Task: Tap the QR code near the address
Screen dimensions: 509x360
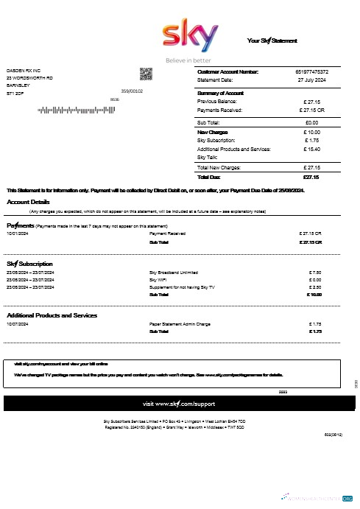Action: click(x=145, y=74)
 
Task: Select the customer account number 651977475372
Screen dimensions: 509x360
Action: click(x=311, y=71)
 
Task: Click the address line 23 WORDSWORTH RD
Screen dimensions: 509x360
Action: click(x=29, y=78)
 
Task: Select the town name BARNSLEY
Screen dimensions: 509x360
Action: click(x=18, y=85)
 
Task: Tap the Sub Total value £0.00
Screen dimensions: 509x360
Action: click(x=311, y=122)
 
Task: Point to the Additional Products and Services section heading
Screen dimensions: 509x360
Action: click(x=52, y=315)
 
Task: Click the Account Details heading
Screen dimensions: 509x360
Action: click(x=29, y=202)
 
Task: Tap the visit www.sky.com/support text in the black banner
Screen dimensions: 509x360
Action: click(x=180, y=404)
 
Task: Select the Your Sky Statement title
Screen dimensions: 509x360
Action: click(x=272, y=40)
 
